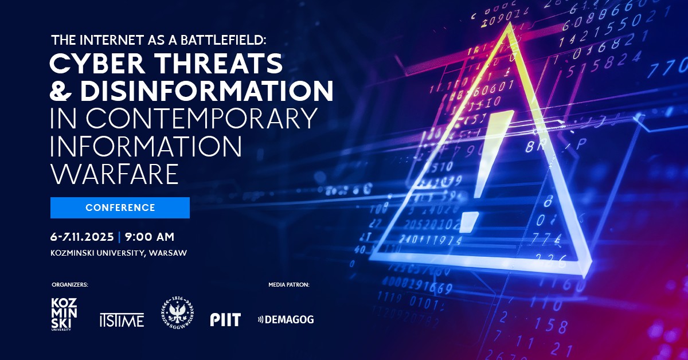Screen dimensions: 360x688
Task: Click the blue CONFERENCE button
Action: tap(120, 208)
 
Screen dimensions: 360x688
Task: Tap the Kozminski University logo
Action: tap(64, 315)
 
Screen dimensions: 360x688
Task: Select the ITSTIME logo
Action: tap(121, 320)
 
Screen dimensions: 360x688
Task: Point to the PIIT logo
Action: tap(225, 320)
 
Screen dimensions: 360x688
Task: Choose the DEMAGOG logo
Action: tap(286, 320)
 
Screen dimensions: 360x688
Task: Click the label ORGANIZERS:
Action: tap(70, 284)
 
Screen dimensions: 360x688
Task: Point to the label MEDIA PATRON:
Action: tap(288, 284)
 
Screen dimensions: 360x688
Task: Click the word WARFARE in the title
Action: tap(114, 174)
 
